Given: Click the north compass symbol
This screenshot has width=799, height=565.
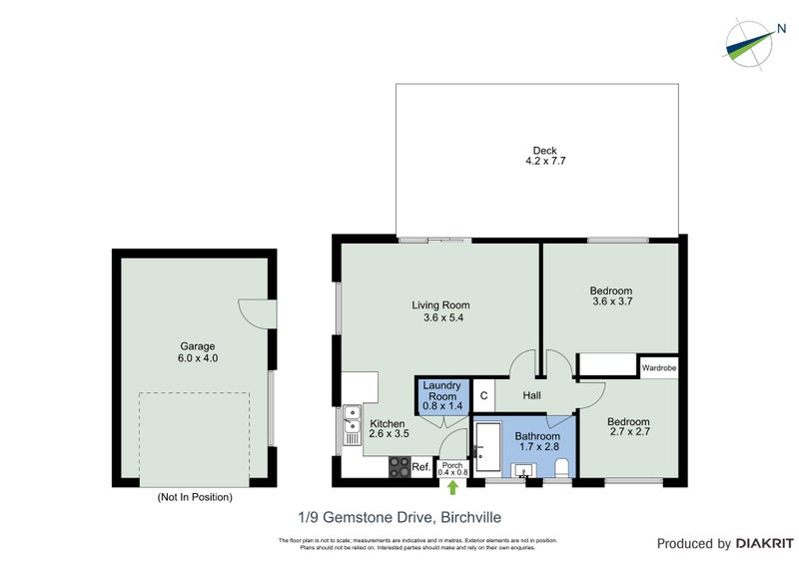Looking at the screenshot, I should [749, 41].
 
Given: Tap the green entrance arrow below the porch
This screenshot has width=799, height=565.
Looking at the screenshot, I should [453, 487].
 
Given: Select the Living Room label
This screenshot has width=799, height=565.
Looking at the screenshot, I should [440, 311].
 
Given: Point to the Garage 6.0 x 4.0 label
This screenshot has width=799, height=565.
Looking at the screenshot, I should [197, 352].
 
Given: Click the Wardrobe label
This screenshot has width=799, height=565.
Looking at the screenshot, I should [659, 367].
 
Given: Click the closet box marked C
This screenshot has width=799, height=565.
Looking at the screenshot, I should [482, 395].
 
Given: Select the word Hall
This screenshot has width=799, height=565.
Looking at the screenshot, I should [530, 396].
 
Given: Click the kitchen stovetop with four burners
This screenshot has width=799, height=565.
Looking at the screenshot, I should [399, 466].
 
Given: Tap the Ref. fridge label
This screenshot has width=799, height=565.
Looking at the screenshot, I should [420, 466].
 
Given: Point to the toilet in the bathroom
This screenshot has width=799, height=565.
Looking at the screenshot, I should [560, 466].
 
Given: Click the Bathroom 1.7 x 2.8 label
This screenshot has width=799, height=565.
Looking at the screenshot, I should [537, 442].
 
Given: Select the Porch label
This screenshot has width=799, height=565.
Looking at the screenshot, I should [452, 467].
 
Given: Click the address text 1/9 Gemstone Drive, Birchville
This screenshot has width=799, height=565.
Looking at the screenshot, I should [399, 517].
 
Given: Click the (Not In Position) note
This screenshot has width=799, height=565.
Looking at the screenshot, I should [195, 496].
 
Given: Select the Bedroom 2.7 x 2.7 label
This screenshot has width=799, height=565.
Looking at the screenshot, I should [629, 428].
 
